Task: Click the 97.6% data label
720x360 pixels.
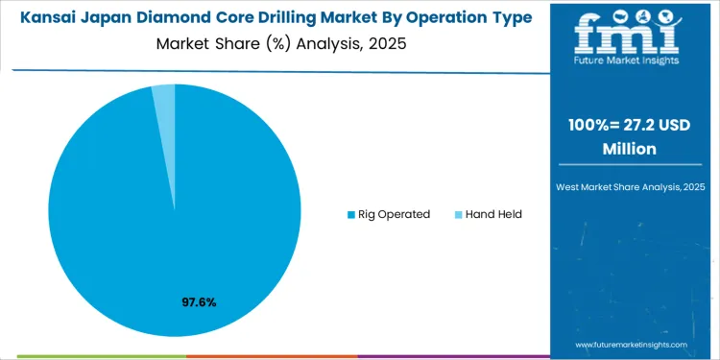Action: tap(199, 302)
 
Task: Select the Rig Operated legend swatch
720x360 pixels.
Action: tap(350, 214)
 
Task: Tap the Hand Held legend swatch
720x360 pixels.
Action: tap(458, 214)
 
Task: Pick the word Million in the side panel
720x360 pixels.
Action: tap(630, 149)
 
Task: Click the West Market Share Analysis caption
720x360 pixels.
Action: tap(630, 184)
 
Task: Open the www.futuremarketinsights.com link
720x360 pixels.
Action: tap(632, 344)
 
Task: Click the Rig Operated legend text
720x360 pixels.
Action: tap(395, 214)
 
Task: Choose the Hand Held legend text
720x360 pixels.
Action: tap(493, 214)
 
